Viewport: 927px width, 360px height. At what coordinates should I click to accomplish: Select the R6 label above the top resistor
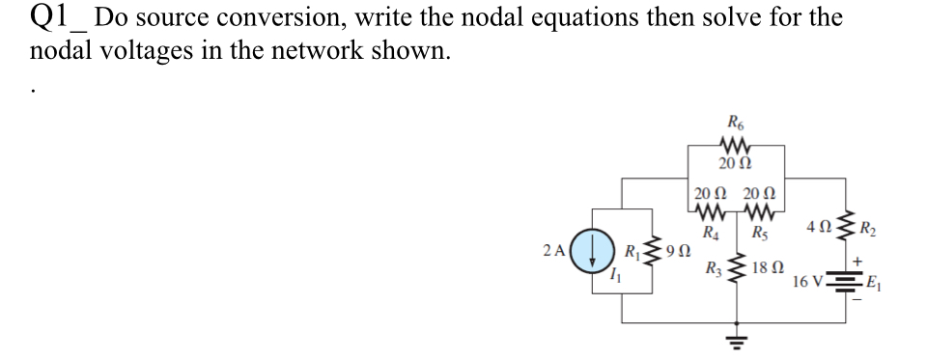coord(734,124)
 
